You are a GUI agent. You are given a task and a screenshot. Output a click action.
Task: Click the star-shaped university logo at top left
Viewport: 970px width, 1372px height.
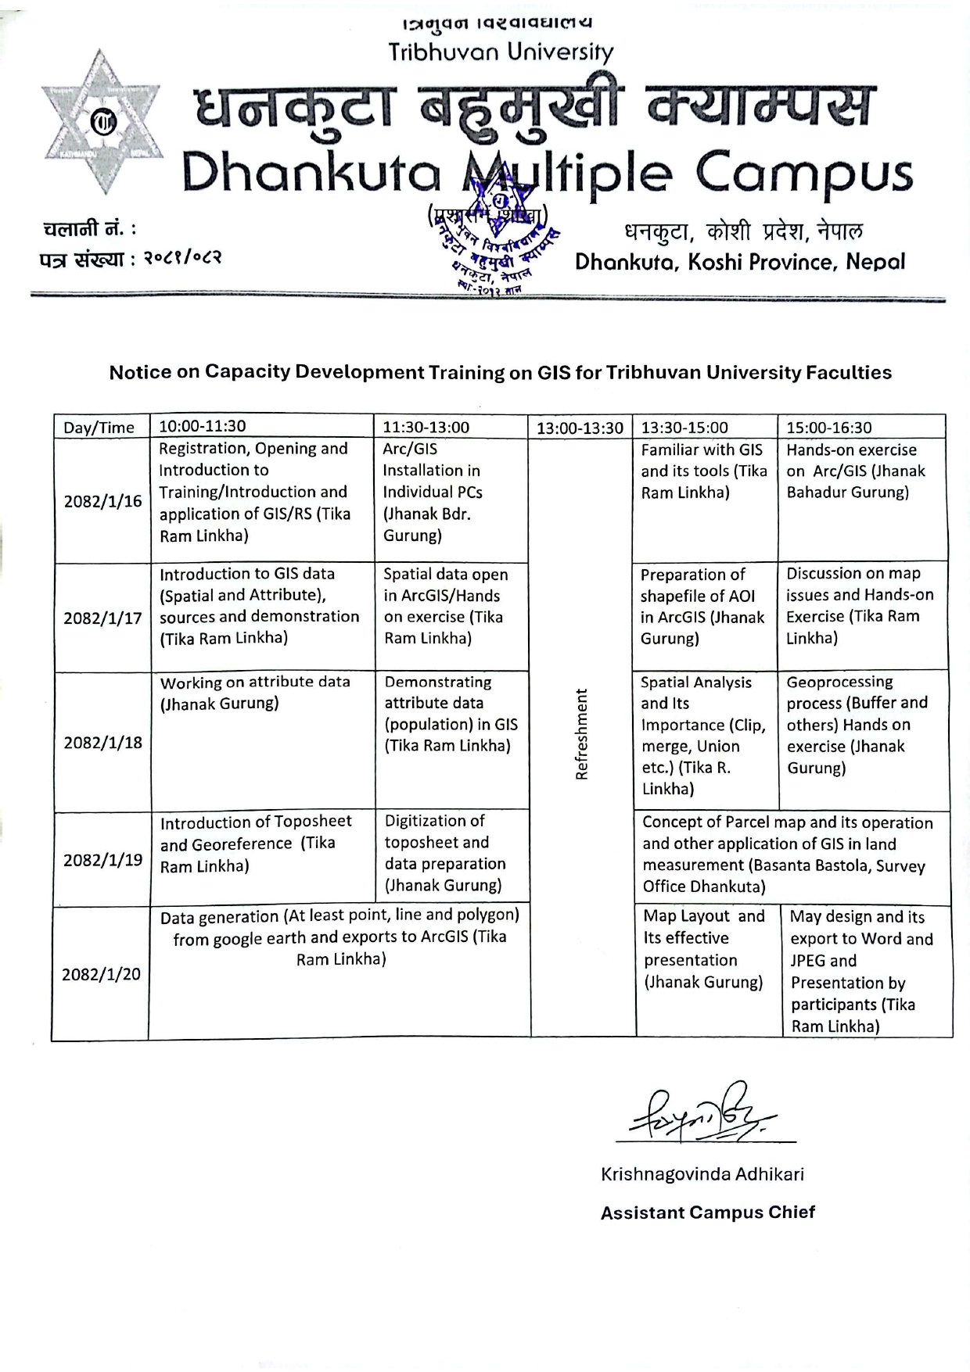click(x=101, y=123)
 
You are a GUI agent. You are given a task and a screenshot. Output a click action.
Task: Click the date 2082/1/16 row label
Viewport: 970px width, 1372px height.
click(x=102, y=501)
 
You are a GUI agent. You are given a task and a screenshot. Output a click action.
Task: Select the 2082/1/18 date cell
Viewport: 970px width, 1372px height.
click(x=102, y=742)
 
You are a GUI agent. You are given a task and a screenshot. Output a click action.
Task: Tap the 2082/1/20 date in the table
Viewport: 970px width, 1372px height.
click(x=101, y=974)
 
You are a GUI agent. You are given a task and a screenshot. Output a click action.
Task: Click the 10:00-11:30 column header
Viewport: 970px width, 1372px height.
click(x=203, y=426)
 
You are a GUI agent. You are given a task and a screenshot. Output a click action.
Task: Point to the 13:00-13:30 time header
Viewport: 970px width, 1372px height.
click(x=580, y=428)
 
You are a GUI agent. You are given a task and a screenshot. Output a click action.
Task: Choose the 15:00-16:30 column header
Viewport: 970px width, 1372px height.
click(x=828, y=428)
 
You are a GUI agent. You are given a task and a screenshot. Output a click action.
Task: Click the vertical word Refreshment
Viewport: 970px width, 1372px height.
click(x=581, y=734)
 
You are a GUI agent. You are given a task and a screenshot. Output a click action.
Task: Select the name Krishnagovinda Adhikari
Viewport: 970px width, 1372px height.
click(x=702, y=1173)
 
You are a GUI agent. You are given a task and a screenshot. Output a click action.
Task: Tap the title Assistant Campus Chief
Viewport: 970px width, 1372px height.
click(x=707, y=1213)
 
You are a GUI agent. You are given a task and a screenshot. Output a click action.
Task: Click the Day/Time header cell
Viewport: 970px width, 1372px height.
click(x=99, y=428)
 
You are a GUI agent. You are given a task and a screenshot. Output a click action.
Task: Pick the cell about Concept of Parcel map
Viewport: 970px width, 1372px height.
click(x=787, y=854)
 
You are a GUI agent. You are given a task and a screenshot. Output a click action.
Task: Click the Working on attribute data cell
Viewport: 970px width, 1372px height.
click(x=255, y=693)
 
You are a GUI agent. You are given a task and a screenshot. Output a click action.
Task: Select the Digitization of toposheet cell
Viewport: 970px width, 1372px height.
click(x=444, y=853)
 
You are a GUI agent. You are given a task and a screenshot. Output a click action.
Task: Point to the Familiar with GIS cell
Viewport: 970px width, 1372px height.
click(x=703, y=471)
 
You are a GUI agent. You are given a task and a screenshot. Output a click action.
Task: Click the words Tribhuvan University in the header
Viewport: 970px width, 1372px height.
click(x=501, y=52)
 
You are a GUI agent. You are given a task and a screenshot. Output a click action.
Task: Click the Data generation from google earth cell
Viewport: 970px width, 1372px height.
click(x=339, y=937)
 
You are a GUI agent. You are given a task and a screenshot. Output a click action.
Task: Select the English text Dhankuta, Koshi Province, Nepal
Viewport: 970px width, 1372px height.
click(x=739, y=262)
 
